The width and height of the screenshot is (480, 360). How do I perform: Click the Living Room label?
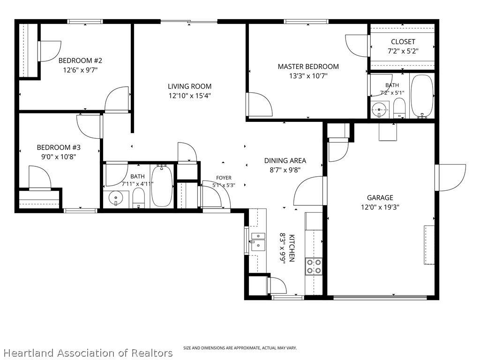click(x=189, y=86)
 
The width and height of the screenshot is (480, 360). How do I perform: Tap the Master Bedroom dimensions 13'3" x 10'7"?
click(x=308, y=75)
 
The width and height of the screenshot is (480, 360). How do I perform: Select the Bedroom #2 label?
click(x=80, y=60)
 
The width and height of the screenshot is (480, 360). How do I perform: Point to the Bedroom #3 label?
click(x=59, y=147)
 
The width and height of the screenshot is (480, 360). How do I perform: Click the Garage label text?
click(x=380, y=198)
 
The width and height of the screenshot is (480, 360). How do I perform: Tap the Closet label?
click(x=403, y=42)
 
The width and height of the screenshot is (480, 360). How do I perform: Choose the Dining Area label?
click(x=285, y=160)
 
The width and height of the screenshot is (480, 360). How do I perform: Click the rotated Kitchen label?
click(x=292, y=248)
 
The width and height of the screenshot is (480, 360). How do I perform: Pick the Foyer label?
click(x=224, y=178)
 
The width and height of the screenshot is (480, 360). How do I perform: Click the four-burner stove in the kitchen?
click(x=314, y=266)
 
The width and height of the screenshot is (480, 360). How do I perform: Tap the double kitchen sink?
click(x=258, y=242)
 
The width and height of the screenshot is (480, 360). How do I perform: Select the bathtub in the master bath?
click(x=422, y=96)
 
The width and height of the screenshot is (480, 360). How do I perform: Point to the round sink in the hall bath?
click(x=116, y=198)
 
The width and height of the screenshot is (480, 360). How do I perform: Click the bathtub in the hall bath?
click(x=162, y=186)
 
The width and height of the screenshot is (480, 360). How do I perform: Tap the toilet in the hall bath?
click(x=139, y=198)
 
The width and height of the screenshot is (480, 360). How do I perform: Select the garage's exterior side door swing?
click(x=450, y=178)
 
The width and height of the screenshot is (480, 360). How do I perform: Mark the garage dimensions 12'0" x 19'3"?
click(x=380, y=207)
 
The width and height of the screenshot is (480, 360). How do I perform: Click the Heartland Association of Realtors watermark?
click(x=89, y=352)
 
